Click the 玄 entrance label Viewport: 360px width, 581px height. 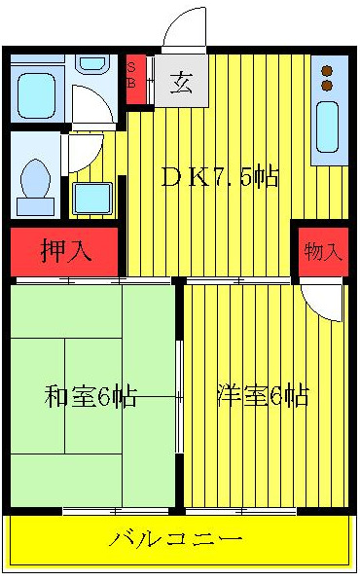[x=182, y=82]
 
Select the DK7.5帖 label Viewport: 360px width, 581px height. [x=220, y=177]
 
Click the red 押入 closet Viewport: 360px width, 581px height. [x=65, y=250]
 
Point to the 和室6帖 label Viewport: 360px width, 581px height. [x=90, y=396]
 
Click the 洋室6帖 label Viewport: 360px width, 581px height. [x=263, y=396]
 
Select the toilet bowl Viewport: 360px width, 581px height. [x=38, y=180]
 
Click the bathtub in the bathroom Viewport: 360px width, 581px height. [x=37, y=94]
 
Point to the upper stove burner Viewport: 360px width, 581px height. [x=327, y=70]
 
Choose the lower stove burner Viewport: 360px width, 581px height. [x=327, y=86]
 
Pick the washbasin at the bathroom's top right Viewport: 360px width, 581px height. [x=92, y=64]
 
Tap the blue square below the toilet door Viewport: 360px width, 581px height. [x=92, y=198]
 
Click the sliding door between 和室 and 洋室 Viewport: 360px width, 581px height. [x=179, y=397]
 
